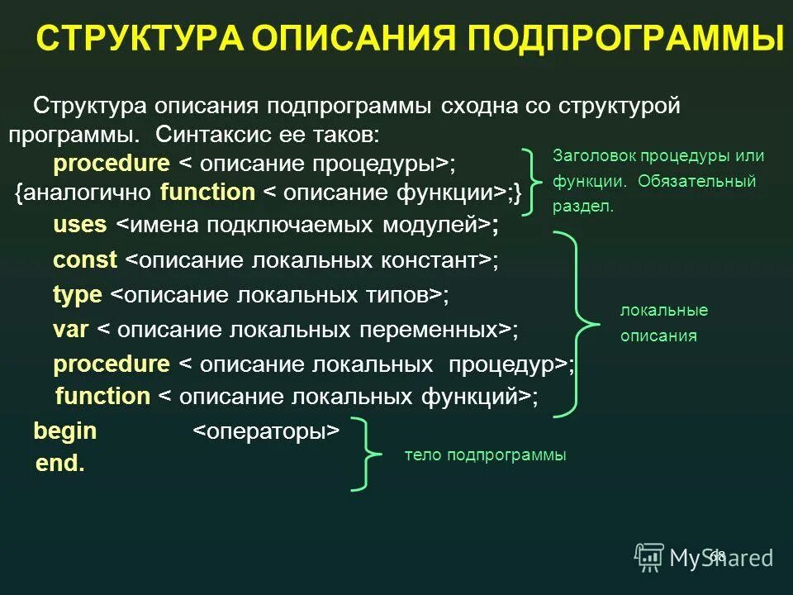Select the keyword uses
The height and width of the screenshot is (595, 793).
point(80,224)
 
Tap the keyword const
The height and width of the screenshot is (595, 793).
point(85,260)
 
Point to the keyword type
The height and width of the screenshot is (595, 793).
point(78,295)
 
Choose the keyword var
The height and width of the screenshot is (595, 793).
point(71,330)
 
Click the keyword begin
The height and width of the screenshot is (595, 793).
point(64,431)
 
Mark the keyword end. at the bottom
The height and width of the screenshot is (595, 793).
point(60,464)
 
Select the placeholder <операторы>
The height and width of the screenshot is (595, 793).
point(266,431)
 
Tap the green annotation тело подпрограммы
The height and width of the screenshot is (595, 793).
point(485,455)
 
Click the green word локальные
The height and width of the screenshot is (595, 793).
point(664,311)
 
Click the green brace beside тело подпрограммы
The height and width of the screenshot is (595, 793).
point(364,455)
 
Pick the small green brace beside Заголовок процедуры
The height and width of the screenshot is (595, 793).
point(534,179)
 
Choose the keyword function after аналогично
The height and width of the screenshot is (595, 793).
point(207,193)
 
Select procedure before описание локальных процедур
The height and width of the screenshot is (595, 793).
point(112,364)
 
